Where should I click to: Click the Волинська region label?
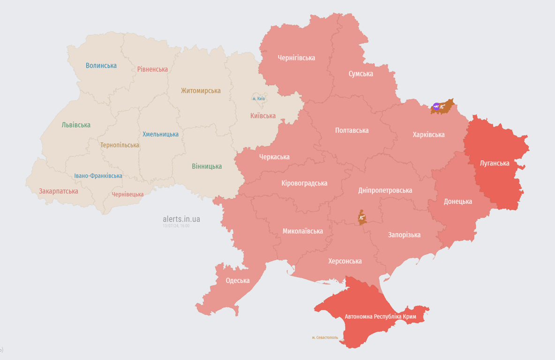(x=101, y=66)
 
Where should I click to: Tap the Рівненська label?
(x=152, y=69)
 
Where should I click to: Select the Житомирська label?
(x=201, y=91)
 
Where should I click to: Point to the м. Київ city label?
(x=258, y=98)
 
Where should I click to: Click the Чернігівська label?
(x=296, y=58)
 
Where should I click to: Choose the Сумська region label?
(x=360, y=74)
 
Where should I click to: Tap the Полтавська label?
(x=352, y=130)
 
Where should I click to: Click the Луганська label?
(x=495, y=163)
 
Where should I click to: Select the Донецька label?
(x=457, y=202)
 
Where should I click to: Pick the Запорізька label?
(x=404, y=235)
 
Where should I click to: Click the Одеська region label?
(x=238, y=281)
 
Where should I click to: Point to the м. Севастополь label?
(x=325, y=337)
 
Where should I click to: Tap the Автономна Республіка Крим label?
(x=380, y=317)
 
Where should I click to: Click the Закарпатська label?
(x=59, y=191)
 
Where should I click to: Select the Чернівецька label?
(x=127, y=195)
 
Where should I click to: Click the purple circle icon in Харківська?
(x=436, y=106)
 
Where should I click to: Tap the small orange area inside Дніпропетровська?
(x=362, y=217)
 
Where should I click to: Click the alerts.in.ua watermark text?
(x=181, y=219)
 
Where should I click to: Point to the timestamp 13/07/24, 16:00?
(x=176, y=226)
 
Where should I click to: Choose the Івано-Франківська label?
(x=98, y=176)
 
